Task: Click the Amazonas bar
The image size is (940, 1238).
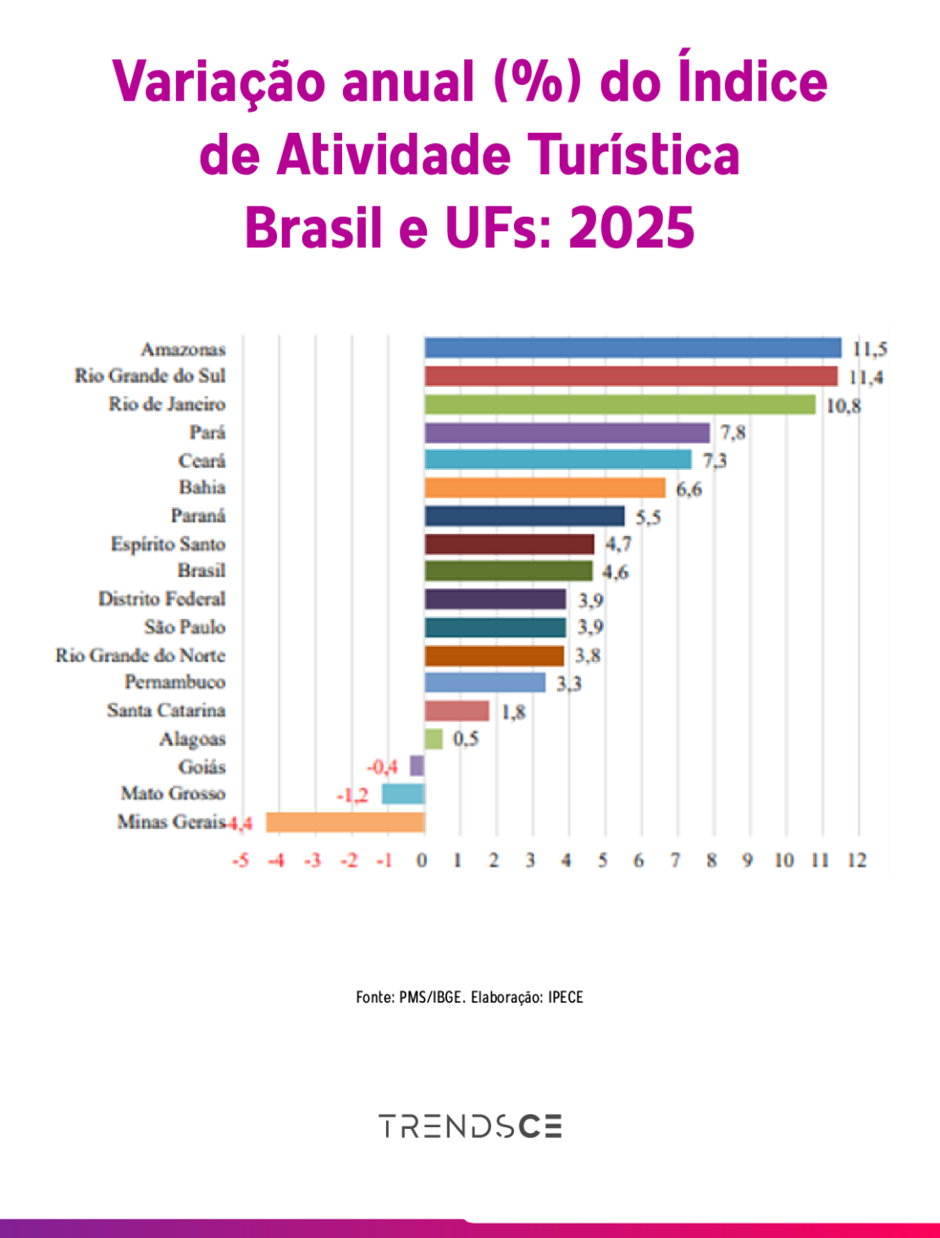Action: click(633, 348)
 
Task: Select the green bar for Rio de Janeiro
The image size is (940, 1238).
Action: click(620, 405)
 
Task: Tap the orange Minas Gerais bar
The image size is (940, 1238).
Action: click(345, 822)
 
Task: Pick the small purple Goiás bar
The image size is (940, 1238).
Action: click(417, 766)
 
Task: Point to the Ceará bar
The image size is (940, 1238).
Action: click(558, 460)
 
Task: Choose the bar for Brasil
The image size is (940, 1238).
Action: click(508, 572)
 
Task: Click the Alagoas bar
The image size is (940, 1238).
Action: click(434, 738)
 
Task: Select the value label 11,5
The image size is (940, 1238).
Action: click(870, 349)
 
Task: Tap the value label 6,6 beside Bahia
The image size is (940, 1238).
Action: click(688, 489)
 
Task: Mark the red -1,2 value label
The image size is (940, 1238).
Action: click(352, 795)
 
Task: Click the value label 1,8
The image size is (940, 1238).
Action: click(513, 711)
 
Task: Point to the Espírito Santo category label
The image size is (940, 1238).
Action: click(168, 544)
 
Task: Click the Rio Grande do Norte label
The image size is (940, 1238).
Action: click(141, 655)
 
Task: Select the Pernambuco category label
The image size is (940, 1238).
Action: click(174, 683)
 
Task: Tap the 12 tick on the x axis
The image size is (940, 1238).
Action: click(857, 860)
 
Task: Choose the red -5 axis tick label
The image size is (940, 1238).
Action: click(241, 860)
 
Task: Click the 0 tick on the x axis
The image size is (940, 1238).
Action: click(423, 860)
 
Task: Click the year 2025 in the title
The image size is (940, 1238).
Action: click(632, 228)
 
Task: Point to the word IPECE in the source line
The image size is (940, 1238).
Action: click(566, 997)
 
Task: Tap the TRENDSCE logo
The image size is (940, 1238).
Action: click(470, 1126)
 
